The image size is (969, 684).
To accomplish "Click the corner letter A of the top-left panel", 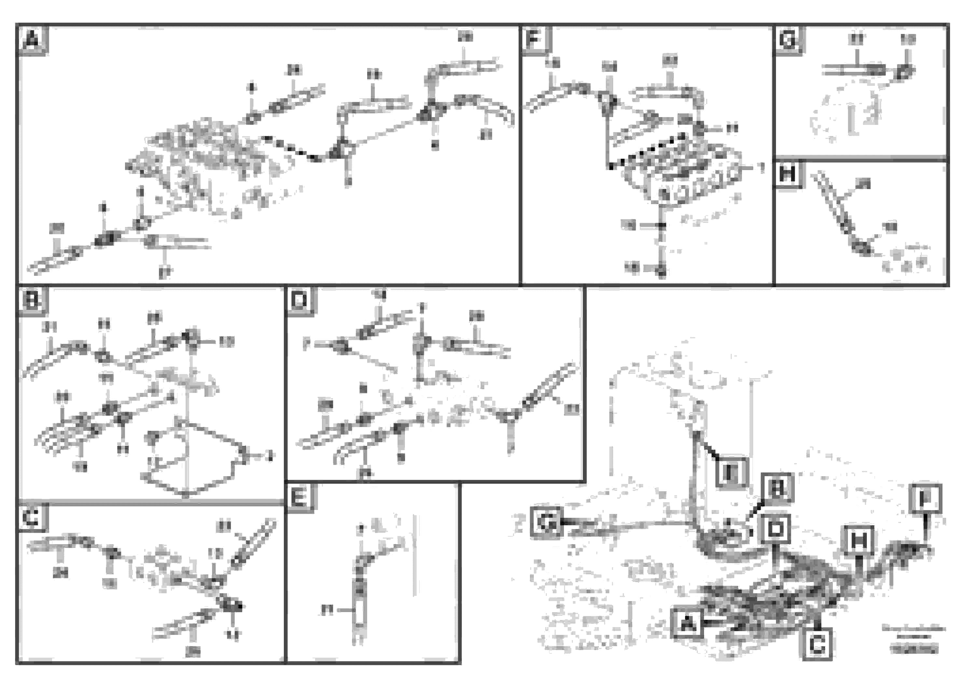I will click(32, 40).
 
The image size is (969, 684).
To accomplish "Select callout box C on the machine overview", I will click(818, 645).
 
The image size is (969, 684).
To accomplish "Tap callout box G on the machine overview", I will click(547, 522).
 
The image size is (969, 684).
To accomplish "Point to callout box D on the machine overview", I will click(776, 528).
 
